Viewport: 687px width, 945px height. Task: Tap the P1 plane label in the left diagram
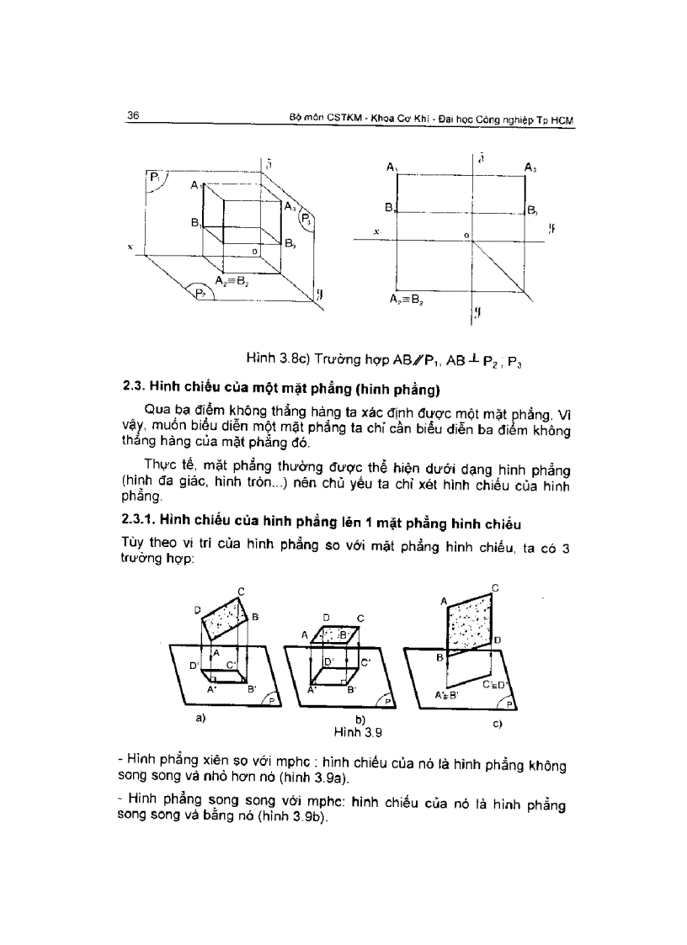[155, 177]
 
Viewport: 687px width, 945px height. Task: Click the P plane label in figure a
[271, 699]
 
